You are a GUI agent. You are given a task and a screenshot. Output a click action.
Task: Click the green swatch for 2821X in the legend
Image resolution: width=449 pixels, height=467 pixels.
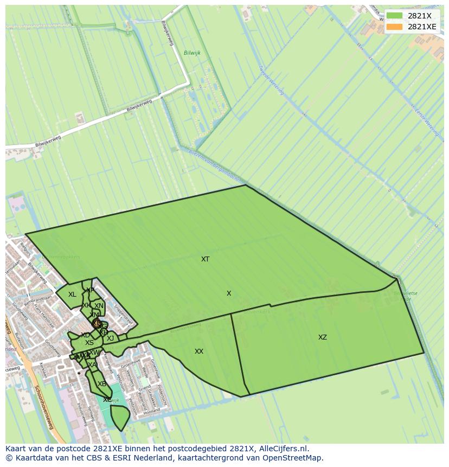[x=394, y=16]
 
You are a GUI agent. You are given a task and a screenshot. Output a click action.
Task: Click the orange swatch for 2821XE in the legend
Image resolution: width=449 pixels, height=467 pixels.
[x=394, y=27]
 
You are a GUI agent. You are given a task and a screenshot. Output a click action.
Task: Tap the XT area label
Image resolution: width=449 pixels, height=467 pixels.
[x=205, y=259]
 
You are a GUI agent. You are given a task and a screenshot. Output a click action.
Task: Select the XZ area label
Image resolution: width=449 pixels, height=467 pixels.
[x=323, y=337]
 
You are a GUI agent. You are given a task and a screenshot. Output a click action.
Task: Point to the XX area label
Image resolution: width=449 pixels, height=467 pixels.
[x=199, y=351]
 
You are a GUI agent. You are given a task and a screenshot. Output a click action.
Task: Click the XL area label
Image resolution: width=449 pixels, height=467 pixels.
[x=72, y=295]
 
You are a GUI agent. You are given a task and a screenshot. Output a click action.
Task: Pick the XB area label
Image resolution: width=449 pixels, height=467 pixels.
[x=101, y=384]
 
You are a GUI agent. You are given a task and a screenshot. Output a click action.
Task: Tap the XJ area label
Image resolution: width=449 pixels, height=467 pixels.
[x=110, y=338]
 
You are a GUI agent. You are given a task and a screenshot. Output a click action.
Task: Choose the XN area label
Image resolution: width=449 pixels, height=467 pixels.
[x=99, y=306]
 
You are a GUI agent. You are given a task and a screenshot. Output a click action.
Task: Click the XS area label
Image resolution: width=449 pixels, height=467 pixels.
[x=89, y=343]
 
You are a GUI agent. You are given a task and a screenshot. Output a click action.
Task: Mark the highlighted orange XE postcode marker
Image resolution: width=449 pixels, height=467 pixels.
[x=97, y=324]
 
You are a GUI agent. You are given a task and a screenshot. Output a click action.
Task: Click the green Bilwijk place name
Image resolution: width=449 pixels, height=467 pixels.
[x=192, y=53]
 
